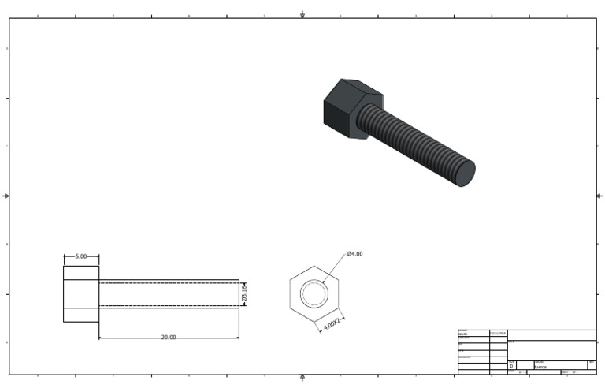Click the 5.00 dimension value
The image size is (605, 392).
[x=81, y=257]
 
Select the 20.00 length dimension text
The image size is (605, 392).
[x=168, y=338]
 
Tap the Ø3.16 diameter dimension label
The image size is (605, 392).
[x=244, y=293]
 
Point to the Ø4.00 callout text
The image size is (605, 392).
[x=354, y=254]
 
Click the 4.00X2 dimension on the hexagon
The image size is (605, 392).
[x=332, y=324]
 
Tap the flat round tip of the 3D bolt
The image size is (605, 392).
[x=465, y=173]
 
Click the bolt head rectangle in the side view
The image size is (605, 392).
[x=81, y=293]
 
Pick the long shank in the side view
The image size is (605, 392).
[x=169, y=293]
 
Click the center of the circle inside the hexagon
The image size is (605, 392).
[x=314, y=294]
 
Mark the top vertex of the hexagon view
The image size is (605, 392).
[x=314, y=265]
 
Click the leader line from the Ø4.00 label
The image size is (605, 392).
[x=335, y=267]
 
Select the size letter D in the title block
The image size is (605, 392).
[x=511, y=366]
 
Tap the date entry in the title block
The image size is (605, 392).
[x=498, y=334]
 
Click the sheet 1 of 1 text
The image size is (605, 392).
[x=570, y=372]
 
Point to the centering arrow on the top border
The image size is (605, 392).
[x=303, y=15]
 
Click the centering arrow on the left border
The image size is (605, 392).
[x=7, y=196]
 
